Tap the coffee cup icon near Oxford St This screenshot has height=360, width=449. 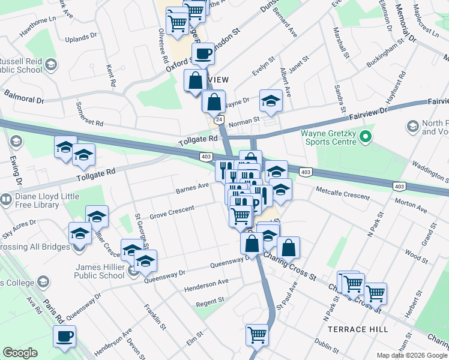(203, 54)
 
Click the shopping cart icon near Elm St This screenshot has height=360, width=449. (257, 334)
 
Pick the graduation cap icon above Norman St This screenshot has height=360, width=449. (271, 101)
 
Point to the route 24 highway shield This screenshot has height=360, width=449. (220, 120)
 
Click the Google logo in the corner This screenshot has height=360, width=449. (20, 353)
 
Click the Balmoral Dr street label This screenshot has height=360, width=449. (24, 96)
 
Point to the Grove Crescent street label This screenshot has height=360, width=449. (172, 211)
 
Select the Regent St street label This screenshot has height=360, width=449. (210, 300)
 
